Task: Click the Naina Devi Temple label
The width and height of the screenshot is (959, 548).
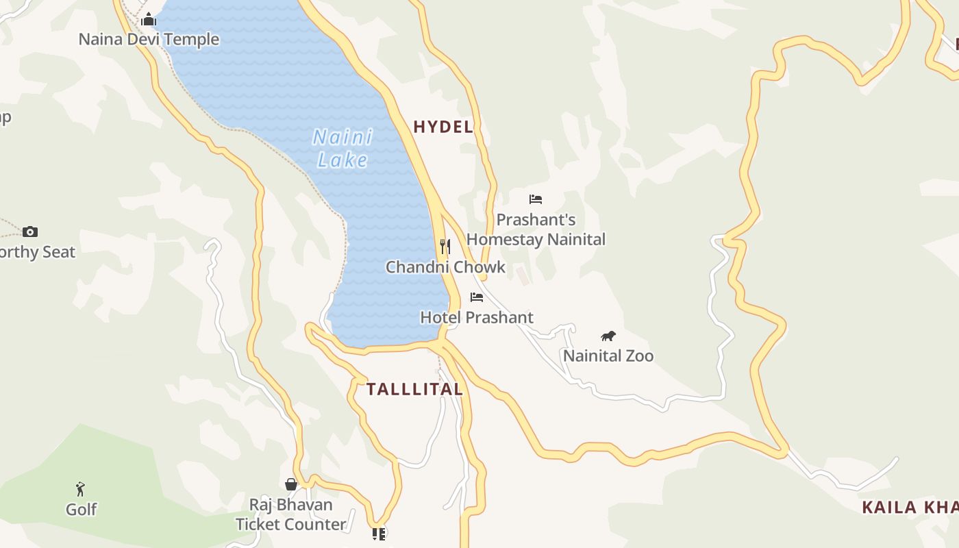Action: [x=149, y=39]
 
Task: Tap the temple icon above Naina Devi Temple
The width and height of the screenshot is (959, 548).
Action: [x=149, y=20]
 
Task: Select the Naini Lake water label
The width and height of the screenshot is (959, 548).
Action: [x=342, y=148]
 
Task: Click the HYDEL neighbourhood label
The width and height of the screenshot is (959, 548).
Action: [x=443, y=127]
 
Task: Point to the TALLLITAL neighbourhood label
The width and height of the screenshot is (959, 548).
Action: [x=414, y=389]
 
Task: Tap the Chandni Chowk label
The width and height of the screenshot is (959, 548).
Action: [x=445, y=267]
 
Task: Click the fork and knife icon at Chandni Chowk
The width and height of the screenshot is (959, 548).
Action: [x=445, y=246]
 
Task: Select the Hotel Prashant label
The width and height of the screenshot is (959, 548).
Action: [x=476, y=317]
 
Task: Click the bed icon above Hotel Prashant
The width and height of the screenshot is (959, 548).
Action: [x=477, y=297]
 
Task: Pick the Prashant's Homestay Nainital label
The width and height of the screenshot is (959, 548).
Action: [x=536, y=229]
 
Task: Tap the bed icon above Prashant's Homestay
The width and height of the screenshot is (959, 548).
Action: [x=536, y=199]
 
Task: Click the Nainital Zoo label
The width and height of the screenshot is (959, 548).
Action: [x=608, y=356]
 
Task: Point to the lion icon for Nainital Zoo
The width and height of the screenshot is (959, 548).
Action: [x=608, y=336]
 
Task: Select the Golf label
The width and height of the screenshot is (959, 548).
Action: [x=81, y=509]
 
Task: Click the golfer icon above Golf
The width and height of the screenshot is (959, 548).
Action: [x=81, y=489]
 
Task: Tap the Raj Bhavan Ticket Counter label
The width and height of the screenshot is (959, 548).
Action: [x=290, y=514]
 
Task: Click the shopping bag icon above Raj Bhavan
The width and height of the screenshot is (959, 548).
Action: [x=291, y=484]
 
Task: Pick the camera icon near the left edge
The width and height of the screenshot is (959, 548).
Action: [x=30, y=232]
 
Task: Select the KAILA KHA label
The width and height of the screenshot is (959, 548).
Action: [x=910, y=508]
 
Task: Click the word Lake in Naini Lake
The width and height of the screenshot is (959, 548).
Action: [x=342, y=160]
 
